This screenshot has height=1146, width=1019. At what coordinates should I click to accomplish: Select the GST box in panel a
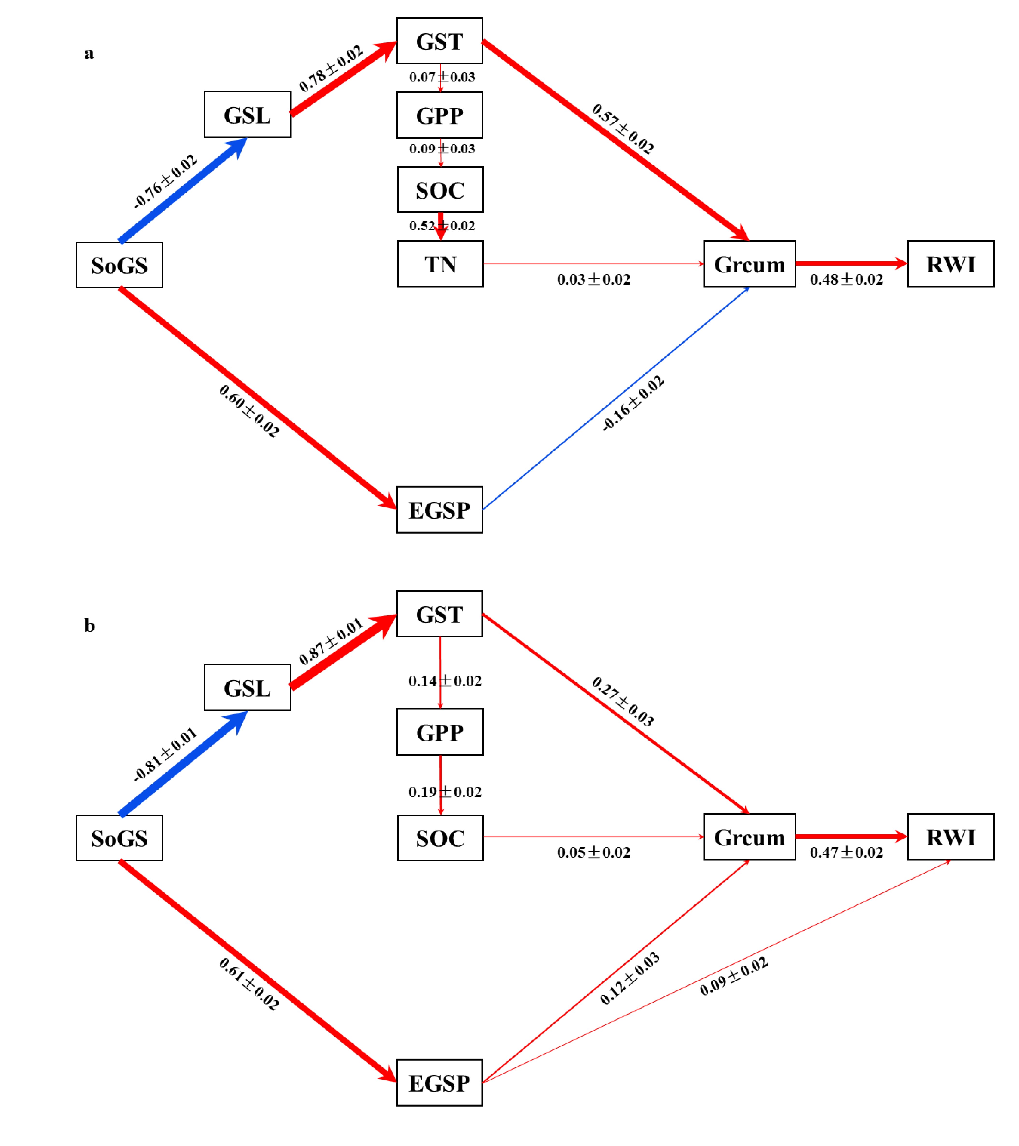pos(439,41)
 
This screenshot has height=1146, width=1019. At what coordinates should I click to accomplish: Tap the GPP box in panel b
pos(440,732)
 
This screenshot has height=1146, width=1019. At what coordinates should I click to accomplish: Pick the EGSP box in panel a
pos(439,510)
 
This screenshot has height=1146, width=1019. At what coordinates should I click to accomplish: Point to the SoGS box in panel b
pos(119,838)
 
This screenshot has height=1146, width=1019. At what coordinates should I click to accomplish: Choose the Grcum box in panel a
pos(749,264)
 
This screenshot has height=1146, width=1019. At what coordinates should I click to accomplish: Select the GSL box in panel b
pos(247,688)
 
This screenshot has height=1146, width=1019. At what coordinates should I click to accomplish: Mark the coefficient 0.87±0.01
pos(331,641)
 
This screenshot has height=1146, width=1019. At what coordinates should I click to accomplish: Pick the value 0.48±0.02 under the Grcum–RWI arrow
pos(846,279)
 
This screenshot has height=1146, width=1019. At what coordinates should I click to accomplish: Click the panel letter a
pos(89,53)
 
